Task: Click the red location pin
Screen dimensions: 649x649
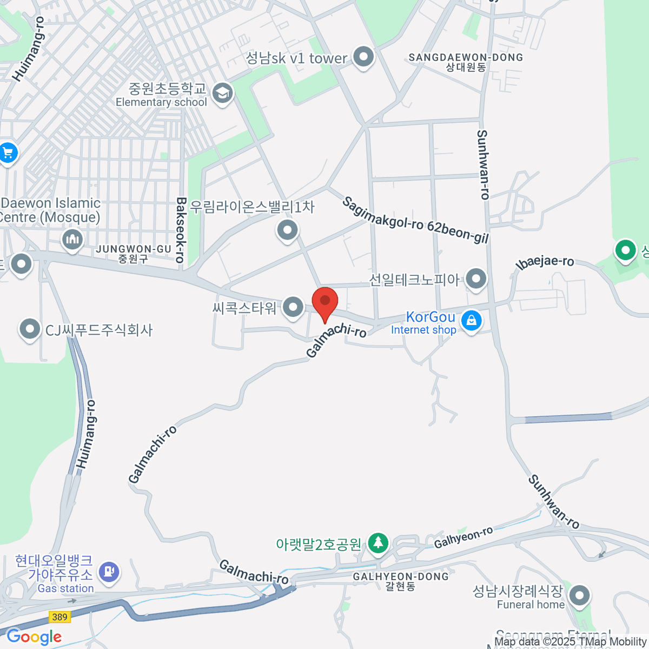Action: (x=325, y=302)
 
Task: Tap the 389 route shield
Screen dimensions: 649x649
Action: (x=59, y=617)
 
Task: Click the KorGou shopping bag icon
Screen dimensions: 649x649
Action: (x=471, y=321)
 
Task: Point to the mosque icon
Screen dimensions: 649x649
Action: (x=72, y=239)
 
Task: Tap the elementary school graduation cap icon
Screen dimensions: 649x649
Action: (x=222, y=94)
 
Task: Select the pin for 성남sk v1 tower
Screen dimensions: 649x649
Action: (x=363, y=56)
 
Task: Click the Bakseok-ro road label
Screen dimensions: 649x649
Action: (x=181, y=230)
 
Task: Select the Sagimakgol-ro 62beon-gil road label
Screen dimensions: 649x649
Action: (x=415, y=220)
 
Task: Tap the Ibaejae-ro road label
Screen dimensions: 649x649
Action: (x=545, y=262)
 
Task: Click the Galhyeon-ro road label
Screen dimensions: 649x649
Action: (x=463, y=537)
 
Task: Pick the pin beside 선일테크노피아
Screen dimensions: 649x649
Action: (x=476, y=279)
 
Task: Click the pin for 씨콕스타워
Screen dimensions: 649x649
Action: (x=293, y=307)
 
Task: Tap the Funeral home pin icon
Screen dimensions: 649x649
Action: (x=580, y=595)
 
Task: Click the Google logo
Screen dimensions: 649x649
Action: (x=34, y=637)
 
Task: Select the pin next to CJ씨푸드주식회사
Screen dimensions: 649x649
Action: (x=30, y=329)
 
